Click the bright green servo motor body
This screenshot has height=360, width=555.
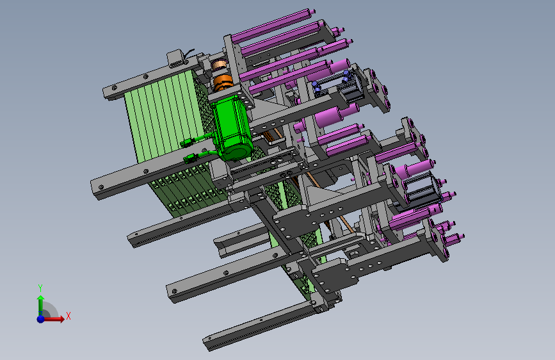pos(232,127)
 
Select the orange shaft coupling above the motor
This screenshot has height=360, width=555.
pos(221,83)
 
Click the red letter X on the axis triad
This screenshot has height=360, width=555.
pos(68,316)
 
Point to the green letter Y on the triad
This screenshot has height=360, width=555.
pos(40,288)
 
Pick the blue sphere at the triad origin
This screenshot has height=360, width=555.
pos(41,319)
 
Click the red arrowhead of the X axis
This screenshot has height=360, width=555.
pos(61,319)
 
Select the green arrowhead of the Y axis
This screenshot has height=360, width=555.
pos(41,298)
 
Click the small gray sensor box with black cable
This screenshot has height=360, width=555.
pos(175,58)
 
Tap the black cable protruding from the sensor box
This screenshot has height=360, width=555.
pos(188,53)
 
